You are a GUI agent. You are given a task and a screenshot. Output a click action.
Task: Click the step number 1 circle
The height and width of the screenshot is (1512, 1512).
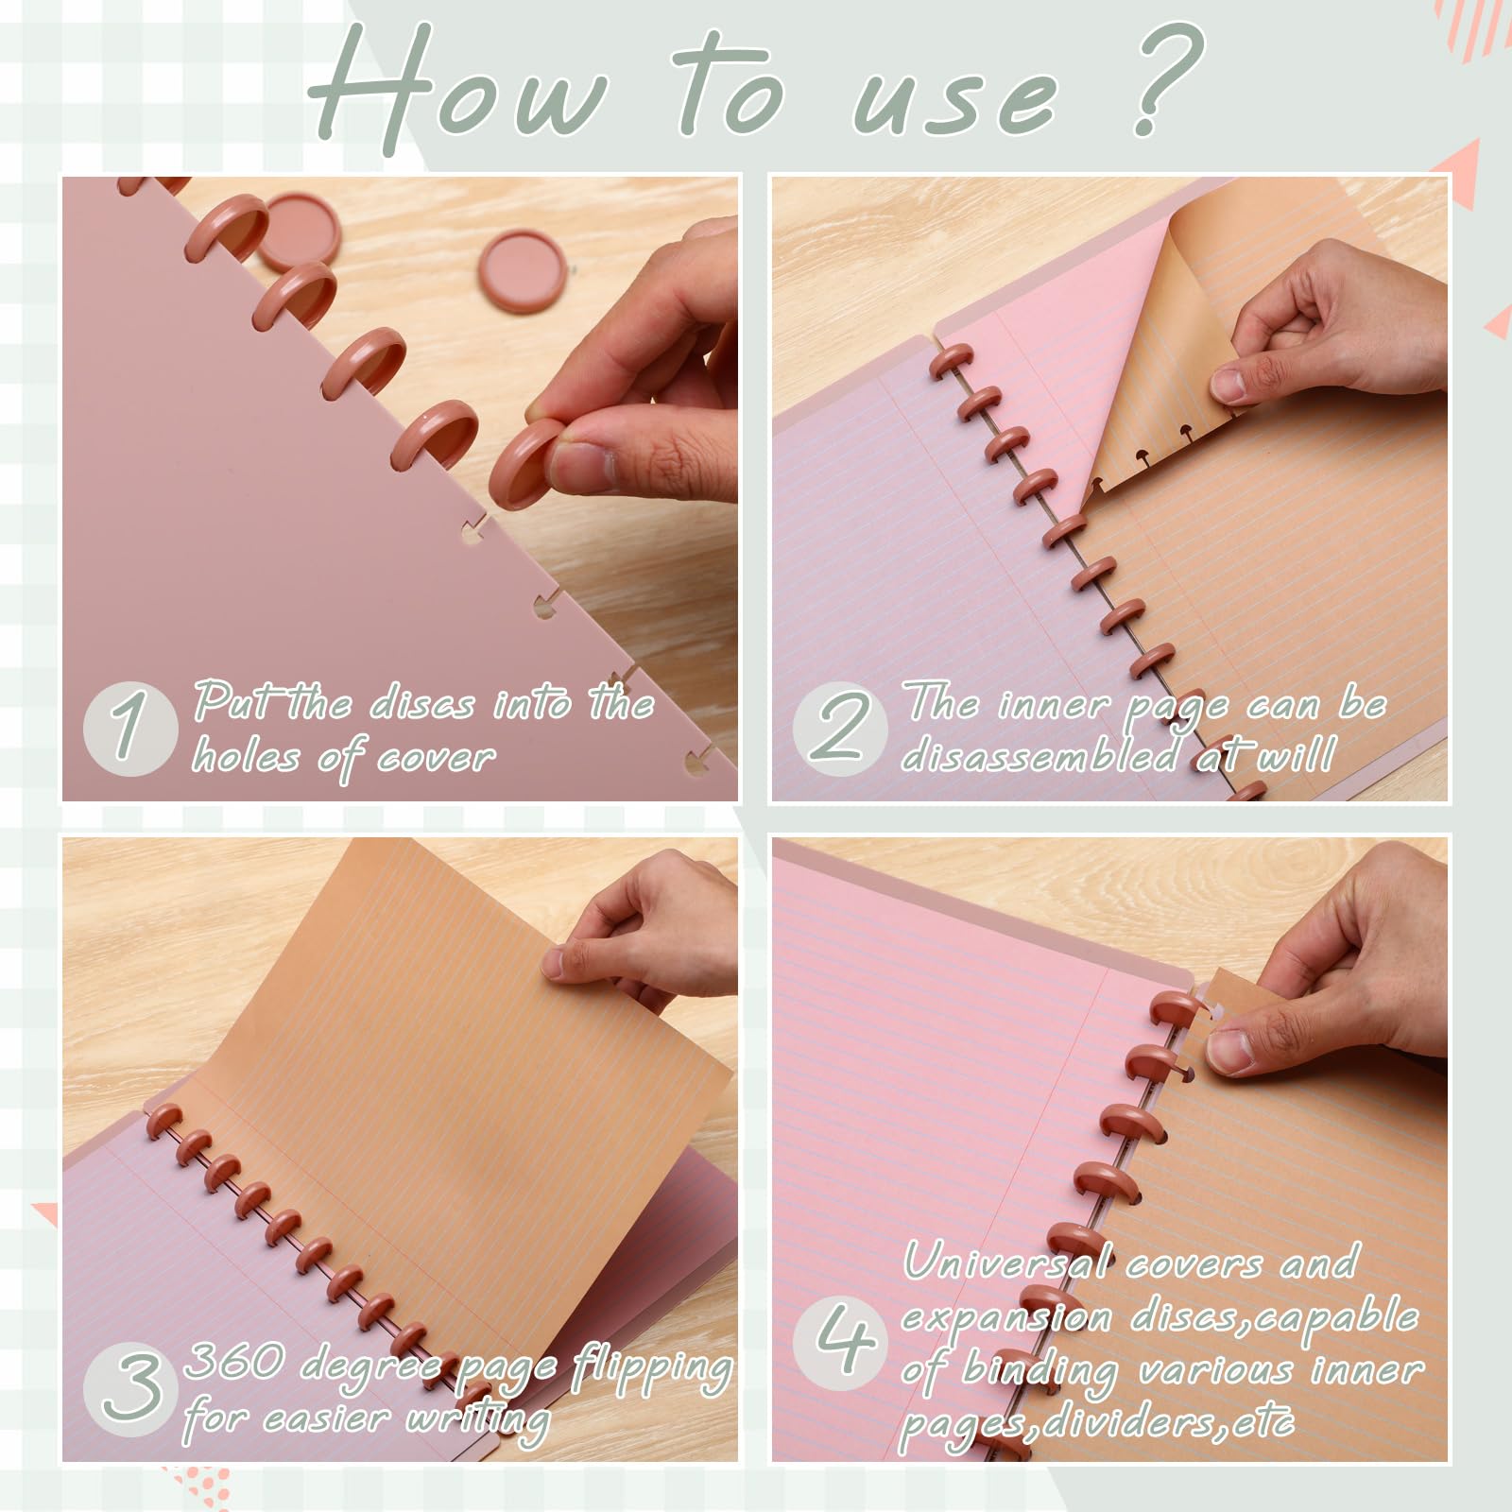130,728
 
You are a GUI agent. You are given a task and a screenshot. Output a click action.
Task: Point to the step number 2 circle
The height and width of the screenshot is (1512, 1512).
839,728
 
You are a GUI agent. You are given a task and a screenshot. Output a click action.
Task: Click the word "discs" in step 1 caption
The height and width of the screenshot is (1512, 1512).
421,705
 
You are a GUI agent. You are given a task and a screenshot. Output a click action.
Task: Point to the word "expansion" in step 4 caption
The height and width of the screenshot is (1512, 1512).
1007,1319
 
